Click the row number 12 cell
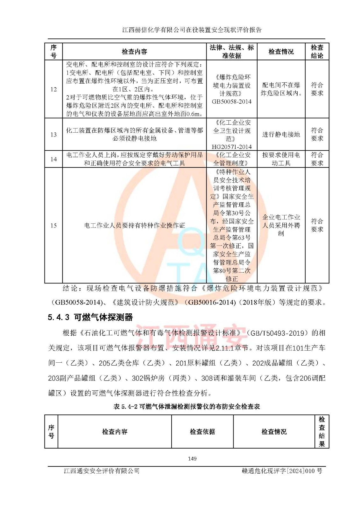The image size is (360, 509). (x=53, y=89)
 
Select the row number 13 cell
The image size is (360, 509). (x=53, y=135)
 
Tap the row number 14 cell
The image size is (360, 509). (x=53, y=159)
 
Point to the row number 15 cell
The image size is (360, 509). (x=53, y=226)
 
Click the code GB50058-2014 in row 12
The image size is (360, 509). (x=232, y=102)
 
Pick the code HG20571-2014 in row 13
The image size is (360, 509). (x=232, y=147)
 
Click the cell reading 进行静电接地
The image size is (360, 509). (x=281, y=135)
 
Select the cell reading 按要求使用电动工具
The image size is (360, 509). (x=281, y=159)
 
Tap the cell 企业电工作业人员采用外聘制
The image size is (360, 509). (x=281, y=225)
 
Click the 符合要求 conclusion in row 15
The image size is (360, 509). (x=317, y=225)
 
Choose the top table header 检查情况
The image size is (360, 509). (x=281, y=52)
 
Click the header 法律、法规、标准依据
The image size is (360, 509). (x=232, y=52)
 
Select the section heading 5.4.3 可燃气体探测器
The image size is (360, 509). (x=90, y=317)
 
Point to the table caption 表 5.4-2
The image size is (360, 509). (x=187, y=407)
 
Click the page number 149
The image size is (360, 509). (x=192, y=459)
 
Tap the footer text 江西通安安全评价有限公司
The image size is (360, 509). (x=102, y=471)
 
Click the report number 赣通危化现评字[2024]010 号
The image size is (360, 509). (x=282, y=471)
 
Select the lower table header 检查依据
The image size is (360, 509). (x=202, y=432)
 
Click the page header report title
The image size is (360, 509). (x=192, y=30)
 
